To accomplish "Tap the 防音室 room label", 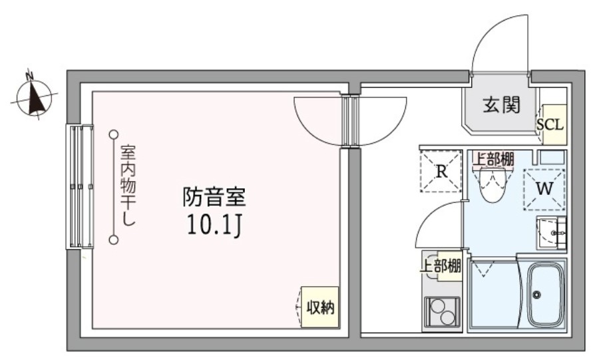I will [214, 197].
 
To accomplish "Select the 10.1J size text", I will [214, 227].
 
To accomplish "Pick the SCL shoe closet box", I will [550, 124].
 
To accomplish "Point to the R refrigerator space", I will [441, 171].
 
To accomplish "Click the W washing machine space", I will [544, 189].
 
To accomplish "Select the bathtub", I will [545, 295].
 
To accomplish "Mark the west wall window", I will [79, 186].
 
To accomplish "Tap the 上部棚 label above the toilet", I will [493, 159].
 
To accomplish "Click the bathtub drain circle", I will [536, 295].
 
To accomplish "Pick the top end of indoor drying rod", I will [114, 134].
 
